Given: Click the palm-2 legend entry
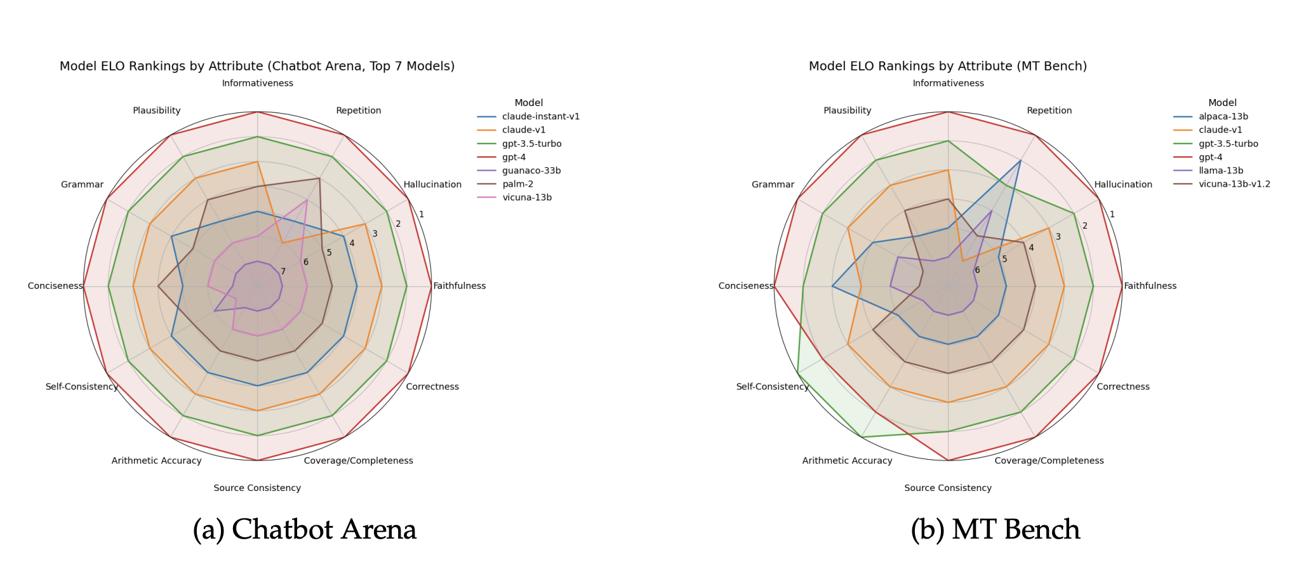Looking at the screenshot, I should coord(517,184).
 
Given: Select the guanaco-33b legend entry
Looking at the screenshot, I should coord(531,171).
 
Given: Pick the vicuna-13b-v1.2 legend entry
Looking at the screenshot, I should coord(1234,184).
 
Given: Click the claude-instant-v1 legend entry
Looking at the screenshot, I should coord(540,117).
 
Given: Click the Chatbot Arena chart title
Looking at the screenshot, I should coord(257,66).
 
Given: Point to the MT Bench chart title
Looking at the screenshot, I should coord(947,66).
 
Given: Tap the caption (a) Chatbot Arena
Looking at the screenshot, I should coord(305,530).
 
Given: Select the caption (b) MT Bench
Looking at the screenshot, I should coord(995,530).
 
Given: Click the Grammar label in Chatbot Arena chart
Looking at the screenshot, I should coord(82,185).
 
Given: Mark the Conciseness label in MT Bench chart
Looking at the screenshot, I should coord(745,286).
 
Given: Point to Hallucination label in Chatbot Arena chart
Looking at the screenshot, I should coord(432,185).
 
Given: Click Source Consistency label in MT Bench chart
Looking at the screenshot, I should coord(947,488).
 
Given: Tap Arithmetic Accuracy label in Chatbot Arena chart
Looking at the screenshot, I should coord(156,460).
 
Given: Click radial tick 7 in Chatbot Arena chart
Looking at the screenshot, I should coord(283,272).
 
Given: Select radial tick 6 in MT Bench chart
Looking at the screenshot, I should coord(976,270).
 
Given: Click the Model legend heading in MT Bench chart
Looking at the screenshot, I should coord(1222,103).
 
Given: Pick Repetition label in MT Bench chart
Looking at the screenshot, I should coord(1049,111).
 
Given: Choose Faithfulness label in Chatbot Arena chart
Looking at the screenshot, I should coord(459,286).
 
